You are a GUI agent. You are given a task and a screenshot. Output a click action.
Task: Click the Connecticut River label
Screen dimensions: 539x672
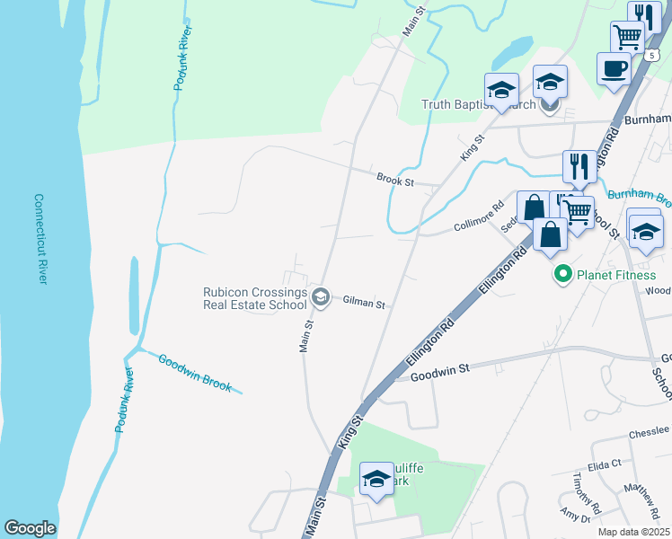[40, 239]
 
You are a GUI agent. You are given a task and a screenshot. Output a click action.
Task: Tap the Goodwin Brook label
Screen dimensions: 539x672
[195, 373]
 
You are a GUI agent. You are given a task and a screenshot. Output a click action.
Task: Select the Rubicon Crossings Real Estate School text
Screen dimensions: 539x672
[255, 297]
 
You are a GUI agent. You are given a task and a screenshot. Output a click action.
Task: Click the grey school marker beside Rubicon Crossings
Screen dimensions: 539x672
[320, 296]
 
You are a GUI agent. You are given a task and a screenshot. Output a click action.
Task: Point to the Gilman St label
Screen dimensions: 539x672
[364, 304]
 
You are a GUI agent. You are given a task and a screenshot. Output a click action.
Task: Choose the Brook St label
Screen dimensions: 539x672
[394, 181]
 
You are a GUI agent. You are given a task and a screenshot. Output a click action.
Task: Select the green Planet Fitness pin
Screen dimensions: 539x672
[563, 275]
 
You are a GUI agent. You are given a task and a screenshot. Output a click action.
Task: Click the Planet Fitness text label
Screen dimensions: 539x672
[616, 275]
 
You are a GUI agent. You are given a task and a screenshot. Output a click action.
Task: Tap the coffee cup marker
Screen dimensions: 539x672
[614, 70]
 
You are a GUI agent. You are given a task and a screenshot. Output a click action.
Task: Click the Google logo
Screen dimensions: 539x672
[30, 528]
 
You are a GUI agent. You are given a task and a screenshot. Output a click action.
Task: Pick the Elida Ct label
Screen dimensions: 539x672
[604, 464]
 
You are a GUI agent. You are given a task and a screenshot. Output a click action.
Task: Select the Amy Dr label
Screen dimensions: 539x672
[572, 515]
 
